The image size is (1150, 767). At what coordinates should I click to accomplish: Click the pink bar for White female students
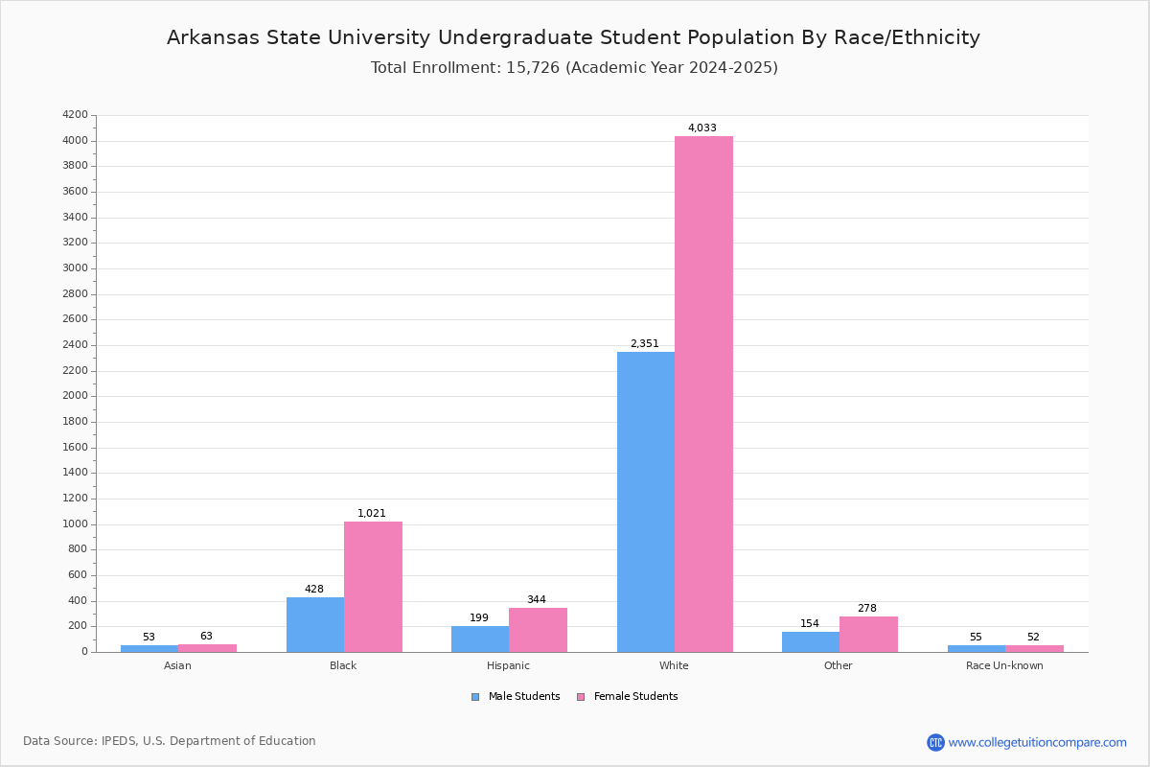click(x=703, y=394)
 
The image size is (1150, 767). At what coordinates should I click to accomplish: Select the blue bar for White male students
click(x=646, y=502)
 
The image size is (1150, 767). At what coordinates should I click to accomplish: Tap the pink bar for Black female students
click(x=373, y=587)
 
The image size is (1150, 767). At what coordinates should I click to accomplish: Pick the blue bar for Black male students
click(x=315, y=625)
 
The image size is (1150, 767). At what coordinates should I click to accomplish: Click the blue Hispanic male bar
click(x=480, y=639)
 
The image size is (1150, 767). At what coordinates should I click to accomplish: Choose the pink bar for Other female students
click(x=868, y=635)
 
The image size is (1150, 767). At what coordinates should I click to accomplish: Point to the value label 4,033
click(x=701, y=128)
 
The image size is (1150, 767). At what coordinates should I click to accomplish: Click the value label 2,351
click(x=644, y=343)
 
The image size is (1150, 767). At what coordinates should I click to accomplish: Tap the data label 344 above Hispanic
click(x=537, y=599)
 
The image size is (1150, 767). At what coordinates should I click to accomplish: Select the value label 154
click(x=810, y=623)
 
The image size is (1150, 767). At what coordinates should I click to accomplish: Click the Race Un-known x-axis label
click(x=1004, y=665)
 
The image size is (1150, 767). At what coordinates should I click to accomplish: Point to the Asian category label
click(x=177, y=665)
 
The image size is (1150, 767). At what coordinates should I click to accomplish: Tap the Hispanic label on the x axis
click(x=508, y=665)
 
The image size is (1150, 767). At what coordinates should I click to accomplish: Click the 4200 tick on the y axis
click(x=76, y=114)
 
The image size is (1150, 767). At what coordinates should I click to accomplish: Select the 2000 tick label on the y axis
click(x=76, y=396)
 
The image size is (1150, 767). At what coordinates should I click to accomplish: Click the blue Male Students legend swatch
click(x=475, y=697)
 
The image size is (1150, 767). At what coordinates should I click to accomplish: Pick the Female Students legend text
click(x=635, y=696)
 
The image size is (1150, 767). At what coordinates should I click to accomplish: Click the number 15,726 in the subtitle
click(x=533, y=67)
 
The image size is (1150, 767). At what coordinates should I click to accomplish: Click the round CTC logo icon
click(x=935, y=742)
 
